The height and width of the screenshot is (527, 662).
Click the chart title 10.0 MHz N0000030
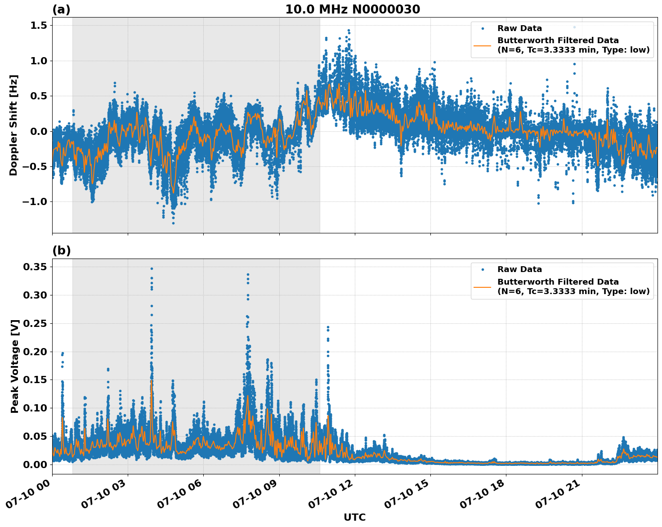[352, 9]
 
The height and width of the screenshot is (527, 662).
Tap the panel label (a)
[61, 9]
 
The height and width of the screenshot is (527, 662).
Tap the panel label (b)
[61, 250]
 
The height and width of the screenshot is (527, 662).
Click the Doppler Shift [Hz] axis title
[13, 125]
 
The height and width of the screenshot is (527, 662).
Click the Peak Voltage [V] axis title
[15, 366]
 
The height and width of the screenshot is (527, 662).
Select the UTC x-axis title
[354, 517]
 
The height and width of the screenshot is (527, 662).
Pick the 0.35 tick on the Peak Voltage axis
[35, 267]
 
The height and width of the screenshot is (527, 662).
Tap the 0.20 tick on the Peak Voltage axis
[35, 352]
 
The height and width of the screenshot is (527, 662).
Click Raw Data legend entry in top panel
[519, 28]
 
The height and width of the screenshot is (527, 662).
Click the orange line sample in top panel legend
[482, 45]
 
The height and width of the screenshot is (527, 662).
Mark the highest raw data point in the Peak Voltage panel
[152, 268]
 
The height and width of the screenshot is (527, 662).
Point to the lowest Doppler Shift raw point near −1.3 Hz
[173, 223]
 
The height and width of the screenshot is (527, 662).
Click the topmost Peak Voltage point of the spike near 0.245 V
[328, 327]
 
